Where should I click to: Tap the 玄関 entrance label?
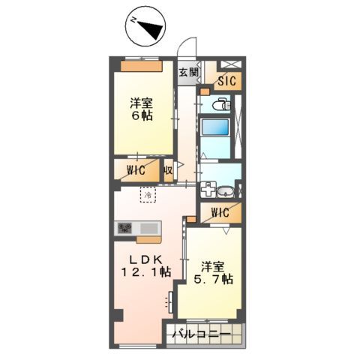pyautogui.click(x=188, y=72)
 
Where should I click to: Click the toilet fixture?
pyautogui.click(x=222, y=106)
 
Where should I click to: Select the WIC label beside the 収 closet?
pyautogui.click(x=136, y=170)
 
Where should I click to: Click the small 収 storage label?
pyautogui.click(x=169, y=170)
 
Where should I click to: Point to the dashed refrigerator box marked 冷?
pyautogui.click(x=148, y=195)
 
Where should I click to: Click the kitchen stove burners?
pyautogui.click(x=124, y=228)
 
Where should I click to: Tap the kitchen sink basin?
pyautogui.click(x=147, y=228)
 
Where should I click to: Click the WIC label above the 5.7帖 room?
pyautogui.click(x=220, y=213)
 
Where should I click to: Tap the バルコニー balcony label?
pyautogui.click(x=199, y=332)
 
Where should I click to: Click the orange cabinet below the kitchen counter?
pyautogui.click(x=148, y=240)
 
